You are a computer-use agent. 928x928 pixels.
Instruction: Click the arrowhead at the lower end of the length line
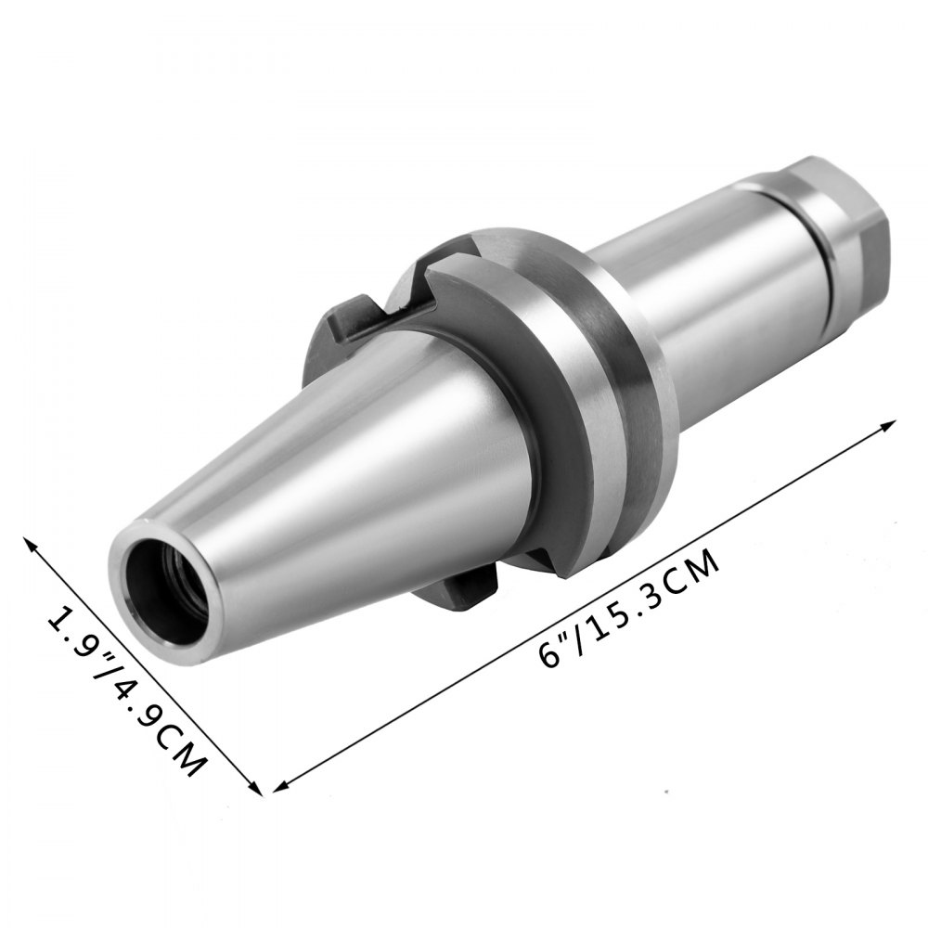pos(280,786)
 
